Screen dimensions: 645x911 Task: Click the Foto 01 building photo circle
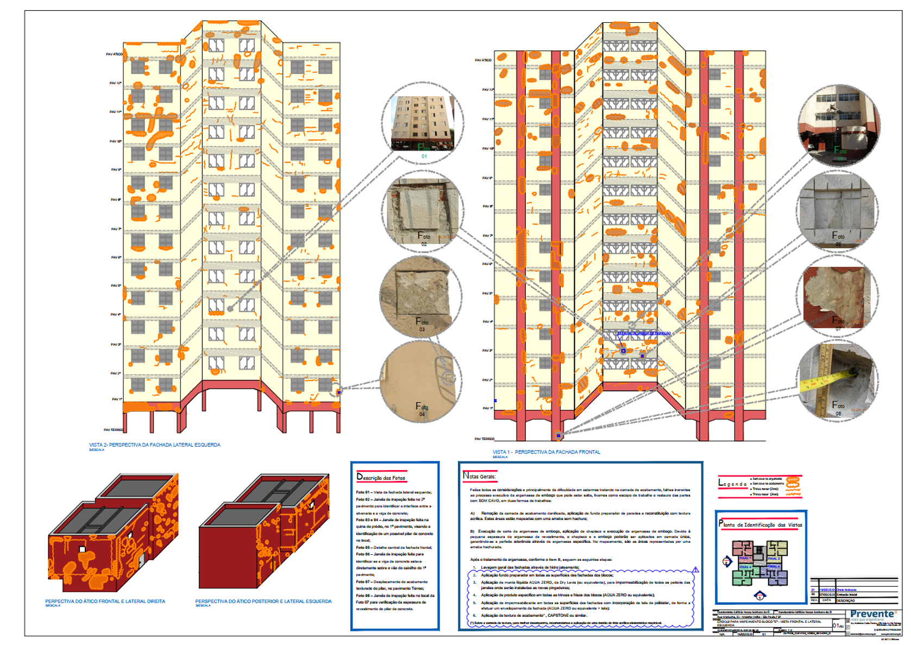pyautogui.click(x=424, y=123)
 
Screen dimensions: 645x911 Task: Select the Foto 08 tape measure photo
pyautogui.click(x=837, y=381)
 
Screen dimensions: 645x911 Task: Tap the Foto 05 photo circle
pyautogui.click(x=838, y=125)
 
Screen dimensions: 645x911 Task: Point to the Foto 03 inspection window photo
pyautogui.click(x=420, y=297)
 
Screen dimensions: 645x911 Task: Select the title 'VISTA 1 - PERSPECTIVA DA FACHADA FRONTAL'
pyautogui.click(x=546, y=452)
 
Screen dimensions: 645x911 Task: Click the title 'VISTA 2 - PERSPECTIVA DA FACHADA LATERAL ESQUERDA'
pyautogui.click(x=155, y=445)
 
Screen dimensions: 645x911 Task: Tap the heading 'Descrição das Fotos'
pyautogui.click(x=381, y=477)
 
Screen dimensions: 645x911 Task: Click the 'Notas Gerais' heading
pyautogui.click(x=479, y=477)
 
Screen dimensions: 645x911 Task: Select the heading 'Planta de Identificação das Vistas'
pyautogui.click(x=760, y=524)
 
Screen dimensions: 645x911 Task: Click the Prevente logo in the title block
pyautogui.click(x=872, y=615)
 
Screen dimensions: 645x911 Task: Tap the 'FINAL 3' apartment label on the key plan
pyautogui.click(x=774, y=559)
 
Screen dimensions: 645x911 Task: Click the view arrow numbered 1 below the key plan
pyautogui.click(x=759, y=596)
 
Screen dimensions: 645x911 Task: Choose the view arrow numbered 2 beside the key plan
pyautogui.click(x=727, y=562)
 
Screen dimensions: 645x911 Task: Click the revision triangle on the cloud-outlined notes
pyautogui.click(x=695, y=570)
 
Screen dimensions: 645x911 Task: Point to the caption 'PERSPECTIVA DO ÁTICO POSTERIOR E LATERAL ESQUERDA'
pyautogui.click(x=263, y=602)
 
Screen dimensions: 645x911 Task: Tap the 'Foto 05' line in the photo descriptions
pyautogui.click(x=394, y=547)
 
